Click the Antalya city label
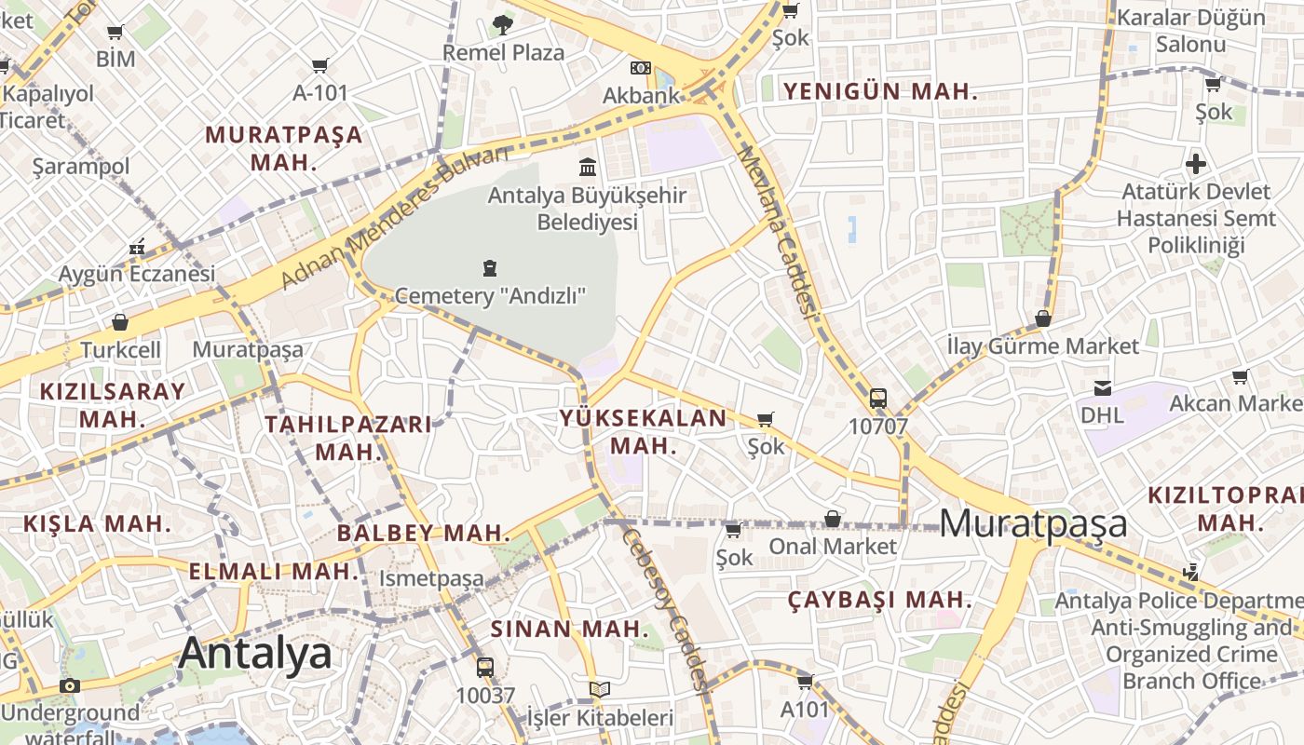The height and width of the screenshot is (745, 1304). point(254,653)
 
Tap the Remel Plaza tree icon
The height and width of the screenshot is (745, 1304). point(503,25)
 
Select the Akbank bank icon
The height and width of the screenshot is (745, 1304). point(640,67)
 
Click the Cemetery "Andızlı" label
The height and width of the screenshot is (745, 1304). point(490,296)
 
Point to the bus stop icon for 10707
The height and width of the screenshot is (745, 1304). point(877,399)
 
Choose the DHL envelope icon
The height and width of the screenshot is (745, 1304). point(1103,387)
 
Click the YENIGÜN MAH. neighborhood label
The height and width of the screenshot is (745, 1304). point(880,91)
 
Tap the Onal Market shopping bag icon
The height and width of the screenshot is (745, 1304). point(833,519)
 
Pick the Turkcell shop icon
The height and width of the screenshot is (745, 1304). point(120,323)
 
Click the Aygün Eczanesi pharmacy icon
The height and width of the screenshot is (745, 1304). point(137,248)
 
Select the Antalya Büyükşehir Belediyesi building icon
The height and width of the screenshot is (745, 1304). point(588,168)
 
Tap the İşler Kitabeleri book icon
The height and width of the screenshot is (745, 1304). point(600,690)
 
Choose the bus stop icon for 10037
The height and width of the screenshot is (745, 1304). point(484,667)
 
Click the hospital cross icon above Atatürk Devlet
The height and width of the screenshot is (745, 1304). point(1196,165)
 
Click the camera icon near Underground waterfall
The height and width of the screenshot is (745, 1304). point(69,686)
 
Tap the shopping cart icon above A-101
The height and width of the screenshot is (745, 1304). point(320,65)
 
